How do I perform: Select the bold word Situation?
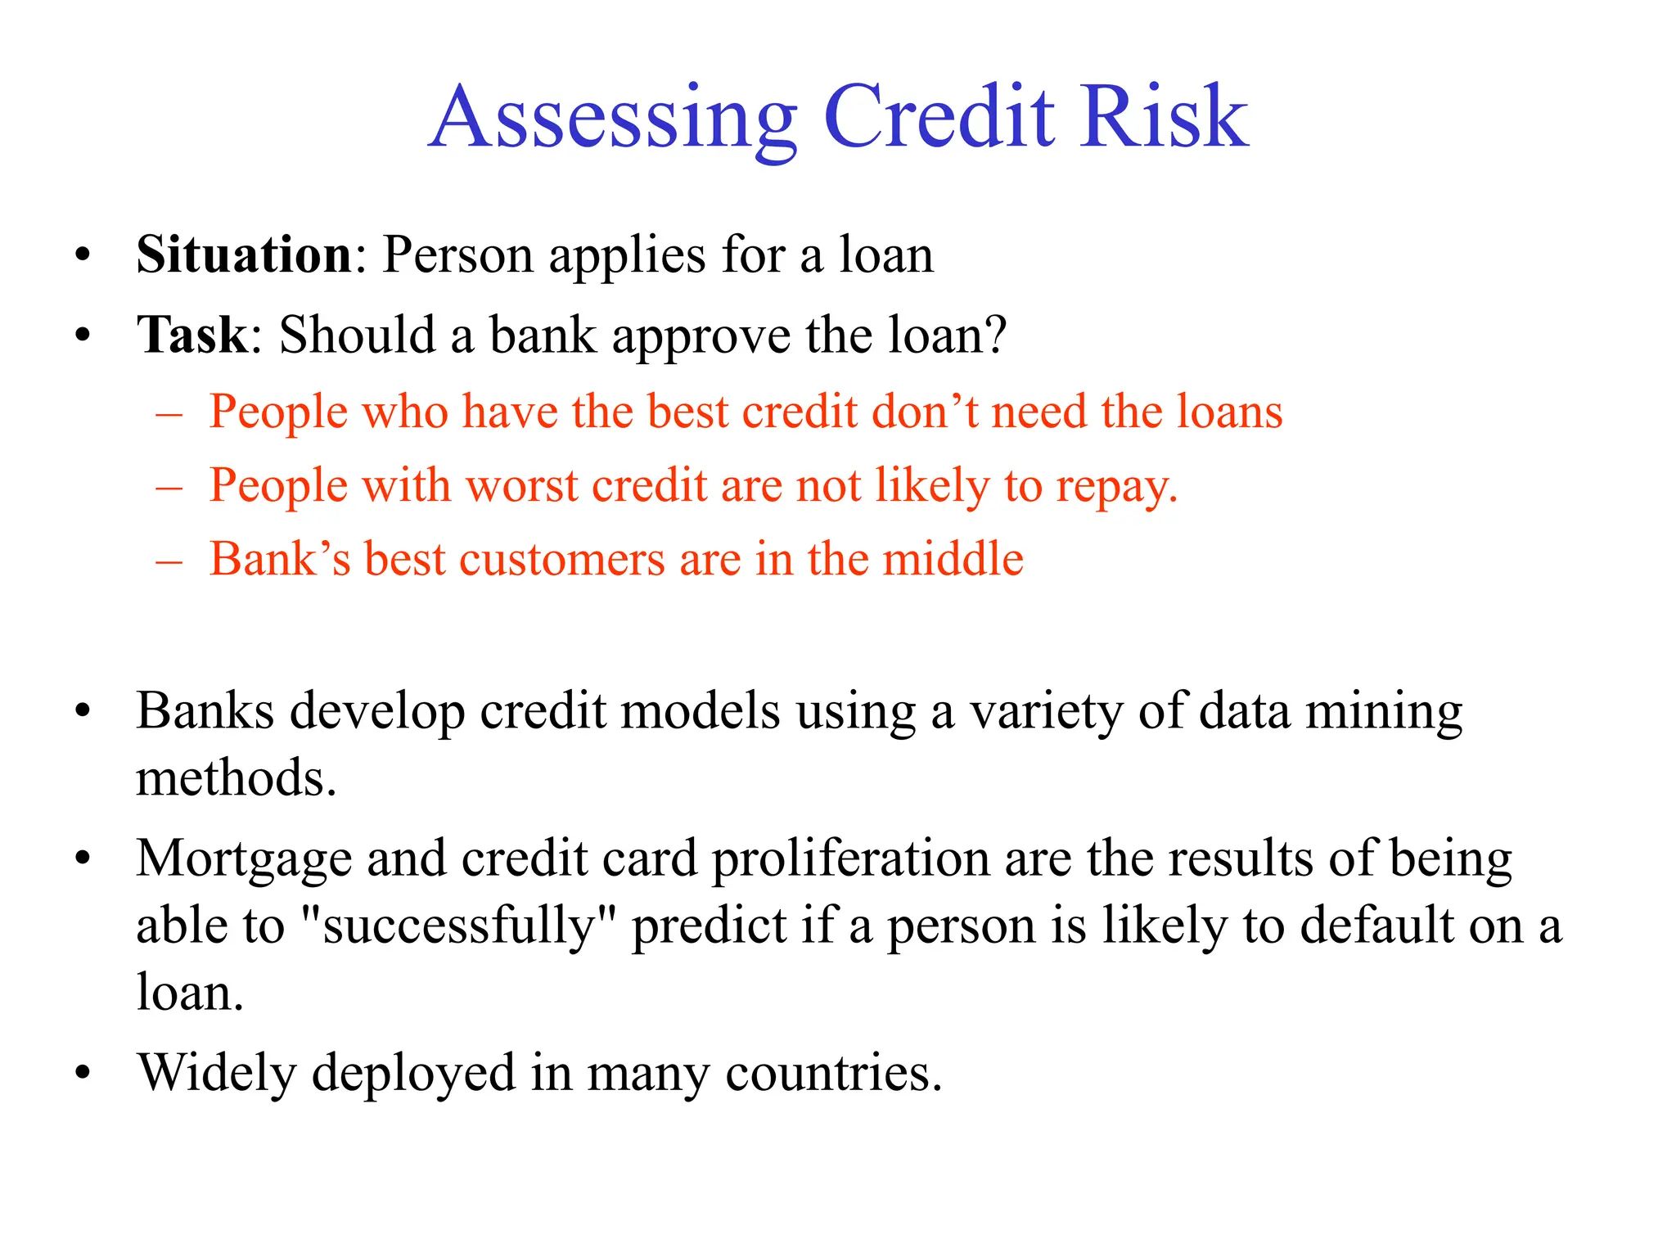(x=244, y=255)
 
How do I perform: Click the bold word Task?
(x=191, y=335)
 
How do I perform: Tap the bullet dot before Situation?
(x=82, y=256)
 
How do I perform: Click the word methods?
(x=236, y=777)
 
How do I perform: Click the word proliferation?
(x=851, y=859)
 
